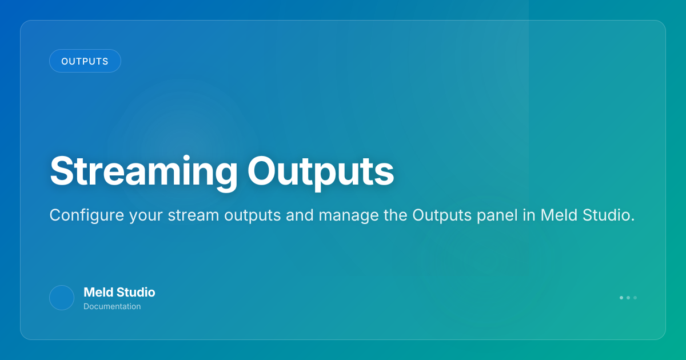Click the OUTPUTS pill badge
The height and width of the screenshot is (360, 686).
[x=85, y=61]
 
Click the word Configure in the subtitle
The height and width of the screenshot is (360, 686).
[x=87, y=216]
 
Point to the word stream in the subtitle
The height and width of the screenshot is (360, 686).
[x=193, y=215]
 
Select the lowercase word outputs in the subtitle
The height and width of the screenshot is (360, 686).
[x=252, y=216]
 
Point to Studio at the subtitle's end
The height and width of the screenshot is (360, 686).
[x=608, y=215]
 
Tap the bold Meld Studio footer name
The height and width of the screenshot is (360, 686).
[x=119, y=293]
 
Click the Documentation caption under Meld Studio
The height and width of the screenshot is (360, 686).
[x=112, y=306]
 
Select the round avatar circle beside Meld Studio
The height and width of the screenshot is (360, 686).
[x=62, y=298]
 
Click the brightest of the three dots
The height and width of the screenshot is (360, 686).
[x=621, y=298]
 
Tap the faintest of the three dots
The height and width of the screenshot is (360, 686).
[x=635, y=298]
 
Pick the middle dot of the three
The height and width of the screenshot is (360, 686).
[x=628, y=298]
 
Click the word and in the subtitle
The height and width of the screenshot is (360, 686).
[x=300, y=215]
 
